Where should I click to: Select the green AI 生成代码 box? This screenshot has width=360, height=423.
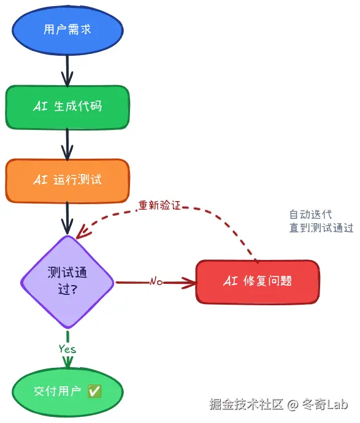pos(67,107)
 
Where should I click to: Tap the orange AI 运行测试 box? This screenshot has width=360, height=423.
pos(67,180)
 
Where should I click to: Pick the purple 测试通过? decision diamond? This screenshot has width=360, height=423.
pos(67,281)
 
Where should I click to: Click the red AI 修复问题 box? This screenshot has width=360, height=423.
pos(258,281)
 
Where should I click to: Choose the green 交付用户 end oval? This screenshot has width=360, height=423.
pos(67,391)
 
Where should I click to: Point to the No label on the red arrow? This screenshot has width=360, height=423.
pos(156,282)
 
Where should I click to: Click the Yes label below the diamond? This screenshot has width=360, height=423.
pos(67,348)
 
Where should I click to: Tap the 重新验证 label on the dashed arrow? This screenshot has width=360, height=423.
pos(159,205)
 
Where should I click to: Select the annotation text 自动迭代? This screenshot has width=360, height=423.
pos(310,215)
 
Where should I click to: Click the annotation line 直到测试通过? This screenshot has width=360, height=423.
pos(321,228)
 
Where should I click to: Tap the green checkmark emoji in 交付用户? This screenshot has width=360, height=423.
pos(94,391)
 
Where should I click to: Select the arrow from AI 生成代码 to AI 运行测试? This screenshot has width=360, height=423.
pos(67,145)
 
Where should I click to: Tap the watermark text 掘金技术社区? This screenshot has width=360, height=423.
pos(246,405)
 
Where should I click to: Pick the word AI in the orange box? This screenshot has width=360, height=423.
pos(40,180)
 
